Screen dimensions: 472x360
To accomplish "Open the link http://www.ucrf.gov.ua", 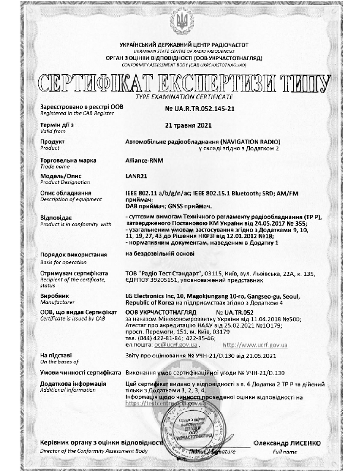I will pos(254,345).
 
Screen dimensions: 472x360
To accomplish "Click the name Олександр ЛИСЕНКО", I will pos(287,443).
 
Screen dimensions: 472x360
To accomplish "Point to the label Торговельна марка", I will pos(68,160).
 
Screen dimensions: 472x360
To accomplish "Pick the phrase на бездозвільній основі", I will pos(159,253).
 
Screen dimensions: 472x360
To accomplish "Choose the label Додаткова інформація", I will pos(73,384).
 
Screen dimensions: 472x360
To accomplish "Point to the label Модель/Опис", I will pos(60,176).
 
